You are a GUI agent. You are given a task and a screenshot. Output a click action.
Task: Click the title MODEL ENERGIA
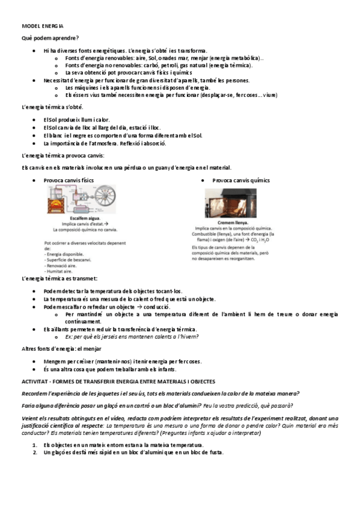click(x=43, y=26)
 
